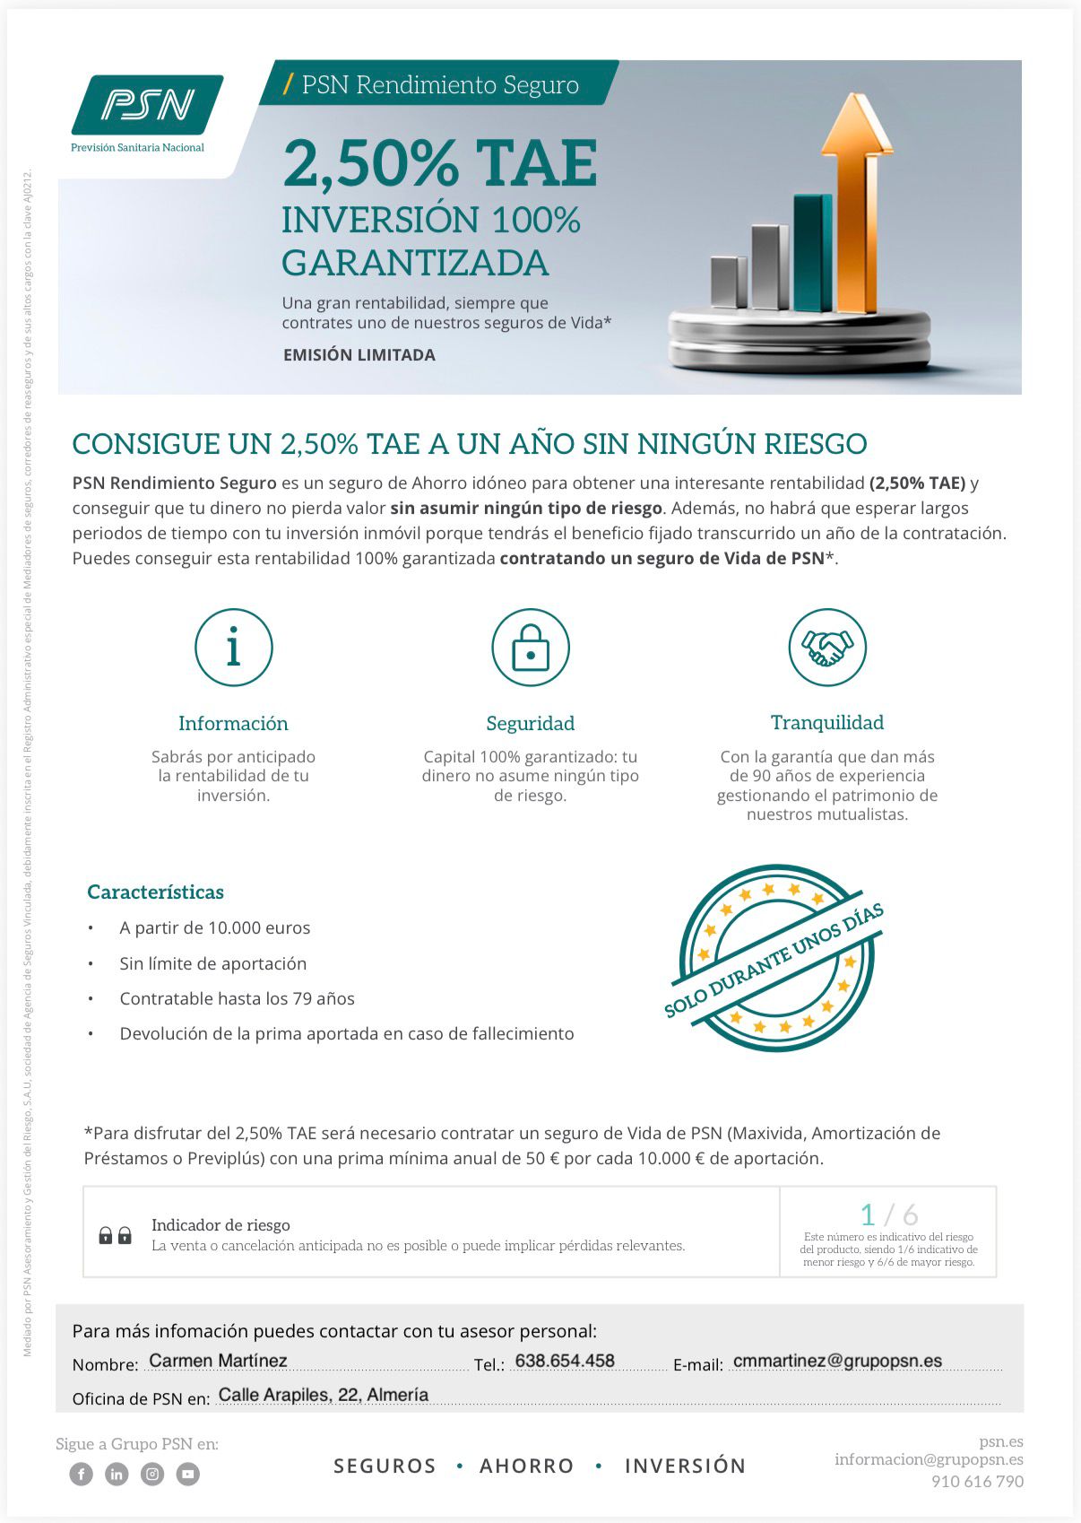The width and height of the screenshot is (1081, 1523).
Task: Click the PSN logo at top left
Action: click(x=147, y=106)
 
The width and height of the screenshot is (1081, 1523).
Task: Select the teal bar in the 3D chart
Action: click(x=812, y=253)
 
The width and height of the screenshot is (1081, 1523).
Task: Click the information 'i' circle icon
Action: click(x=233, y=647)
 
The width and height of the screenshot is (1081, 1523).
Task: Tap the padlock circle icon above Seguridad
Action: click(x=531, y=647)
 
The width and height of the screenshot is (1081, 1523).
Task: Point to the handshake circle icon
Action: click(x=827, y=647)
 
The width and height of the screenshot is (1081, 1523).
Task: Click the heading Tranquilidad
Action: click(x=827, y=722)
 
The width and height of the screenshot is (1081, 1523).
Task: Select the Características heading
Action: click(x=155, y=892)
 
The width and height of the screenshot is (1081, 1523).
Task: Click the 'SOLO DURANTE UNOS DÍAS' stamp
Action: click(x=774, y=958)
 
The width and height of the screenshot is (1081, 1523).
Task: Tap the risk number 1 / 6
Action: click(x=888, y=1214)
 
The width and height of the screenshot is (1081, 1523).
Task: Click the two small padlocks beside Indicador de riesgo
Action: click(x=115, y=1235)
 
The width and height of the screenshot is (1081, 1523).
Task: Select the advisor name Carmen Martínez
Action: click(x=218, y=1361)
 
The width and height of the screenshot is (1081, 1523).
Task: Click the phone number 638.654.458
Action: click(x=565, y=1361)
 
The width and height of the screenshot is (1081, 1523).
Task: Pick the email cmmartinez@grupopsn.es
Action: click(x=837, y=1361)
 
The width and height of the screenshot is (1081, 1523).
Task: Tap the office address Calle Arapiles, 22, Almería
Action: click(x=323, y=1395)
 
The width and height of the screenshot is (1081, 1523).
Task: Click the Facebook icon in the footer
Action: click(x=82, y=1474)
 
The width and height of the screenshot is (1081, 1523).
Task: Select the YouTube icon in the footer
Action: click(x=187, y=1474)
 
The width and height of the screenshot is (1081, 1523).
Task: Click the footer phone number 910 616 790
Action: click(x=977, y=1481)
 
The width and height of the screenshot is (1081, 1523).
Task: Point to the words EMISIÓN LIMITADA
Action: click(x=359, y=355)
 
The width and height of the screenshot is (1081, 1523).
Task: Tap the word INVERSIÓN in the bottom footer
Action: click(x=685, y=1466)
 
